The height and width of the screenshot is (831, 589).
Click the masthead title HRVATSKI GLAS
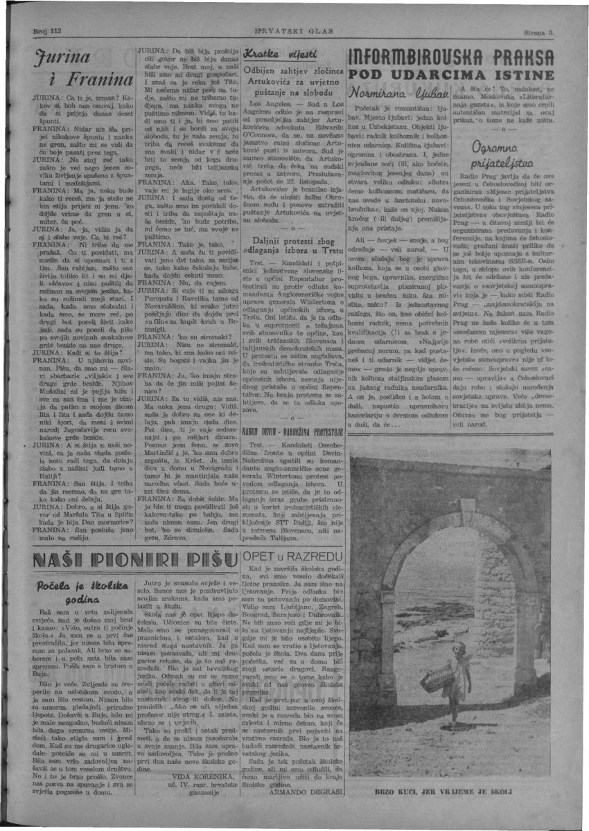(x=294, y=31)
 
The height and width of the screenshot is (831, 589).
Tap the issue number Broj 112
(x=48, y=31)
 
